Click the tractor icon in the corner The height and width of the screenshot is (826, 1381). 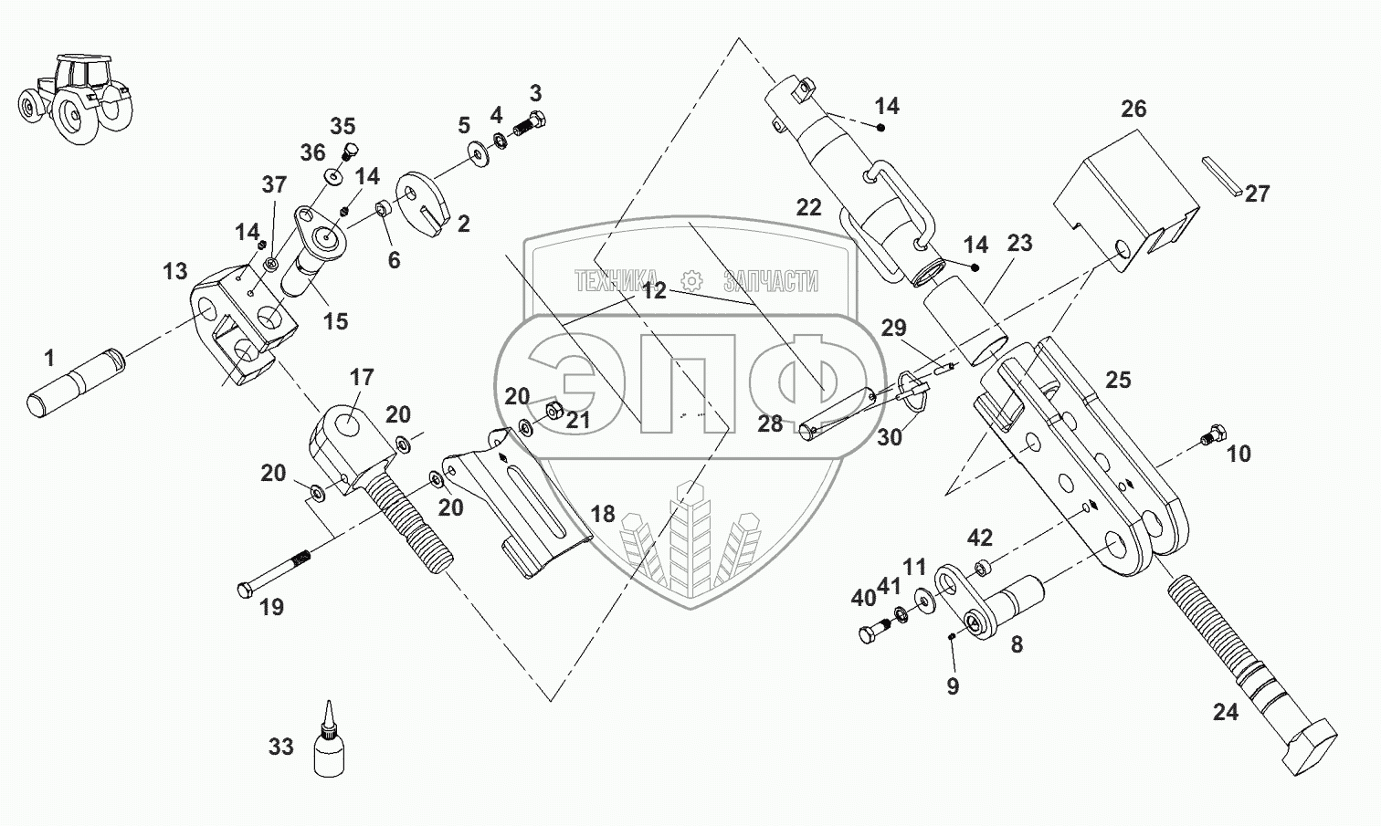pyautogui.click(x=73, y=96)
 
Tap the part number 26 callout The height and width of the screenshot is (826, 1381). pyautogui.click(x=1133, y=109)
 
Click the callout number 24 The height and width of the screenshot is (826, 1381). pyautogui.click(x=1225, y=711)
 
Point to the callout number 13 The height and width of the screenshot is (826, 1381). pyautogui.click(x=174, y=271)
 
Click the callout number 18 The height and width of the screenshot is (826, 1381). pyautogui.click(x=602, y=514)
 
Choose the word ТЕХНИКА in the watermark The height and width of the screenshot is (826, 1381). pyautogui.click(x=617, y=281)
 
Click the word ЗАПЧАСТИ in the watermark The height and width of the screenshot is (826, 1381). pyautogui.click(x=770, y=281)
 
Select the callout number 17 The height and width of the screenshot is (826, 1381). pyautogui.click(x=362, y=377)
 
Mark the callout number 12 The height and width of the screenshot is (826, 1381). pyautogui.click(x=653, y=291)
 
